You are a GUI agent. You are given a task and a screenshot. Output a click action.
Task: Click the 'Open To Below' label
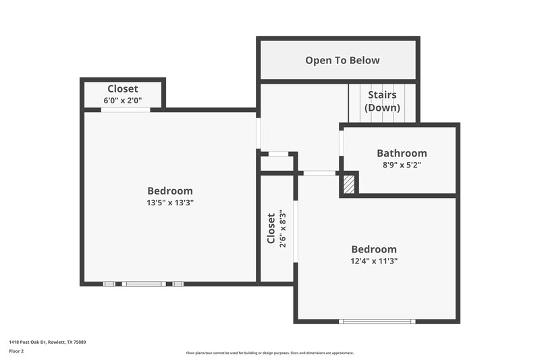[342, 60]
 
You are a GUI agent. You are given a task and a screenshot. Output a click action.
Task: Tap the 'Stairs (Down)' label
[382, 101]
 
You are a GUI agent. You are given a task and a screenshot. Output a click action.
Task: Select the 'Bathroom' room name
[402, 153]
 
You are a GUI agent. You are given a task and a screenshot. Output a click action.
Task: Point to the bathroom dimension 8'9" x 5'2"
[402, 165]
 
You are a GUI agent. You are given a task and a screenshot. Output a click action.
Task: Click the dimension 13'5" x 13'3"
[170, 202]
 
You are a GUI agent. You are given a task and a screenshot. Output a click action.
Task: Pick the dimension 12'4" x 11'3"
[374, 261]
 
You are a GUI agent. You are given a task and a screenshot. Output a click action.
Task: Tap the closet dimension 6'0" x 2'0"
[123, 101]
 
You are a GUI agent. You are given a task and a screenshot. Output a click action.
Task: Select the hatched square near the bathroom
[349, 184]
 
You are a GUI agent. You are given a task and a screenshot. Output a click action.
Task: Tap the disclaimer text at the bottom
[269, 353]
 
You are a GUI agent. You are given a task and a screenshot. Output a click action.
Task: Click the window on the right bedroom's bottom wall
[377, 321]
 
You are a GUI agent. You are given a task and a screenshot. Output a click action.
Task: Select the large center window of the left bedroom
[143, 284]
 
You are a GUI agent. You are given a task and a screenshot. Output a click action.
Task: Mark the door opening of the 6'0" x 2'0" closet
[126, 109]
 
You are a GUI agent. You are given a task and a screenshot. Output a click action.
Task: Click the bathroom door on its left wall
[342, 146]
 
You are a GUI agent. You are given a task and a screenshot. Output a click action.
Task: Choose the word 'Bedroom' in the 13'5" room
[170, 190]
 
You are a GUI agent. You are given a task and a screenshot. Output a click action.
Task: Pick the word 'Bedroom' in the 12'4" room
[374, 249]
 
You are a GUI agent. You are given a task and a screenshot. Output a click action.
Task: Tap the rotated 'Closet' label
[271, 229]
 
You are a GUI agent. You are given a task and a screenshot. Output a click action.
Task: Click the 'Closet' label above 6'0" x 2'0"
[123, 89]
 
